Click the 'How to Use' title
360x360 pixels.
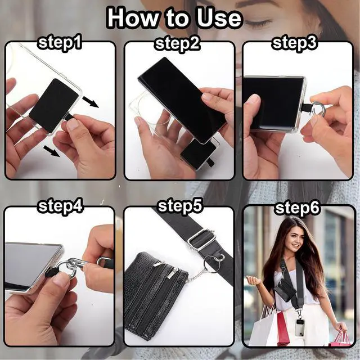pos(174,18)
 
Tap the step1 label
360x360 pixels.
pos(60,43)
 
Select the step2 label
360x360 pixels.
pos(178,43)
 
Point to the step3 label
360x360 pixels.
pos(295,43)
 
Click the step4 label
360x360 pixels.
pos(60,206)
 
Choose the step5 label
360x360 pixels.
pos(180,206)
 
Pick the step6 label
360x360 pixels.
pos(298,208)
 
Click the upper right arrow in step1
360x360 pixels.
pos(91,102)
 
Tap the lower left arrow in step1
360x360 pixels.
pos(52,151)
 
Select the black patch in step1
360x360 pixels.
pos(54,105)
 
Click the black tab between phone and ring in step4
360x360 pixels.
pos(50,272)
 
